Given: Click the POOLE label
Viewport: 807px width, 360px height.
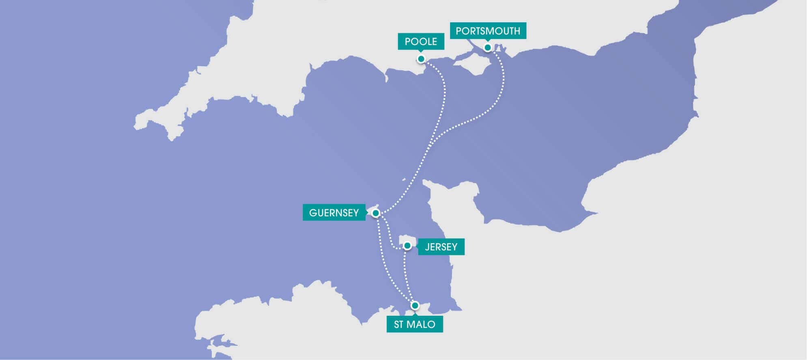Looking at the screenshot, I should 421,41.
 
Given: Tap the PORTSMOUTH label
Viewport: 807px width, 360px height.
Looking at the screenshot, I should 488,31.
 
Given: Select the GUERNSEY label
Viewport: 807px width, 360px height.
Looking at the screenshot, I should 334,213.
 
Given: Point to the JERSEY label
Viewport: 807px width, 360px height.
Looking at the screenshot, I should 441,247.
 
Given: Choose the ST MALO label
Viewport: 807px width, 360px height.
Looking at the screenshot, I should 415,324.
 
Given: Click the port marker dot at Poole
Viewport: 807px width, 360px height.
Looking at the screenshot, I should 421,59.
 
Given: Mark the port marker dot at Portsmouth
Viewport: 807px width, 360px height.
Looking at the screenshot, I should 488,47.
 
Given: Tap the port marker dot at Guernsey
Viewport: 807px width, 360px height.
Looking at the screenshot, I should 376,213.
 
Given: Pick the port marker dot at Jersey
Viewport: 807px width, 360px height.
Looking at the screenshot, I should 407,246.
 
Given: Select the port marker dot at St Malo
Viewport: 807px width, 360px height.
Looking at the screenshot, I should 415,305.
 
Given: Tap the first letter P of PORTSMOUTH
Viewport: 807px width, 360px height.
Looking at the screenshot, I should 458,31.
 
